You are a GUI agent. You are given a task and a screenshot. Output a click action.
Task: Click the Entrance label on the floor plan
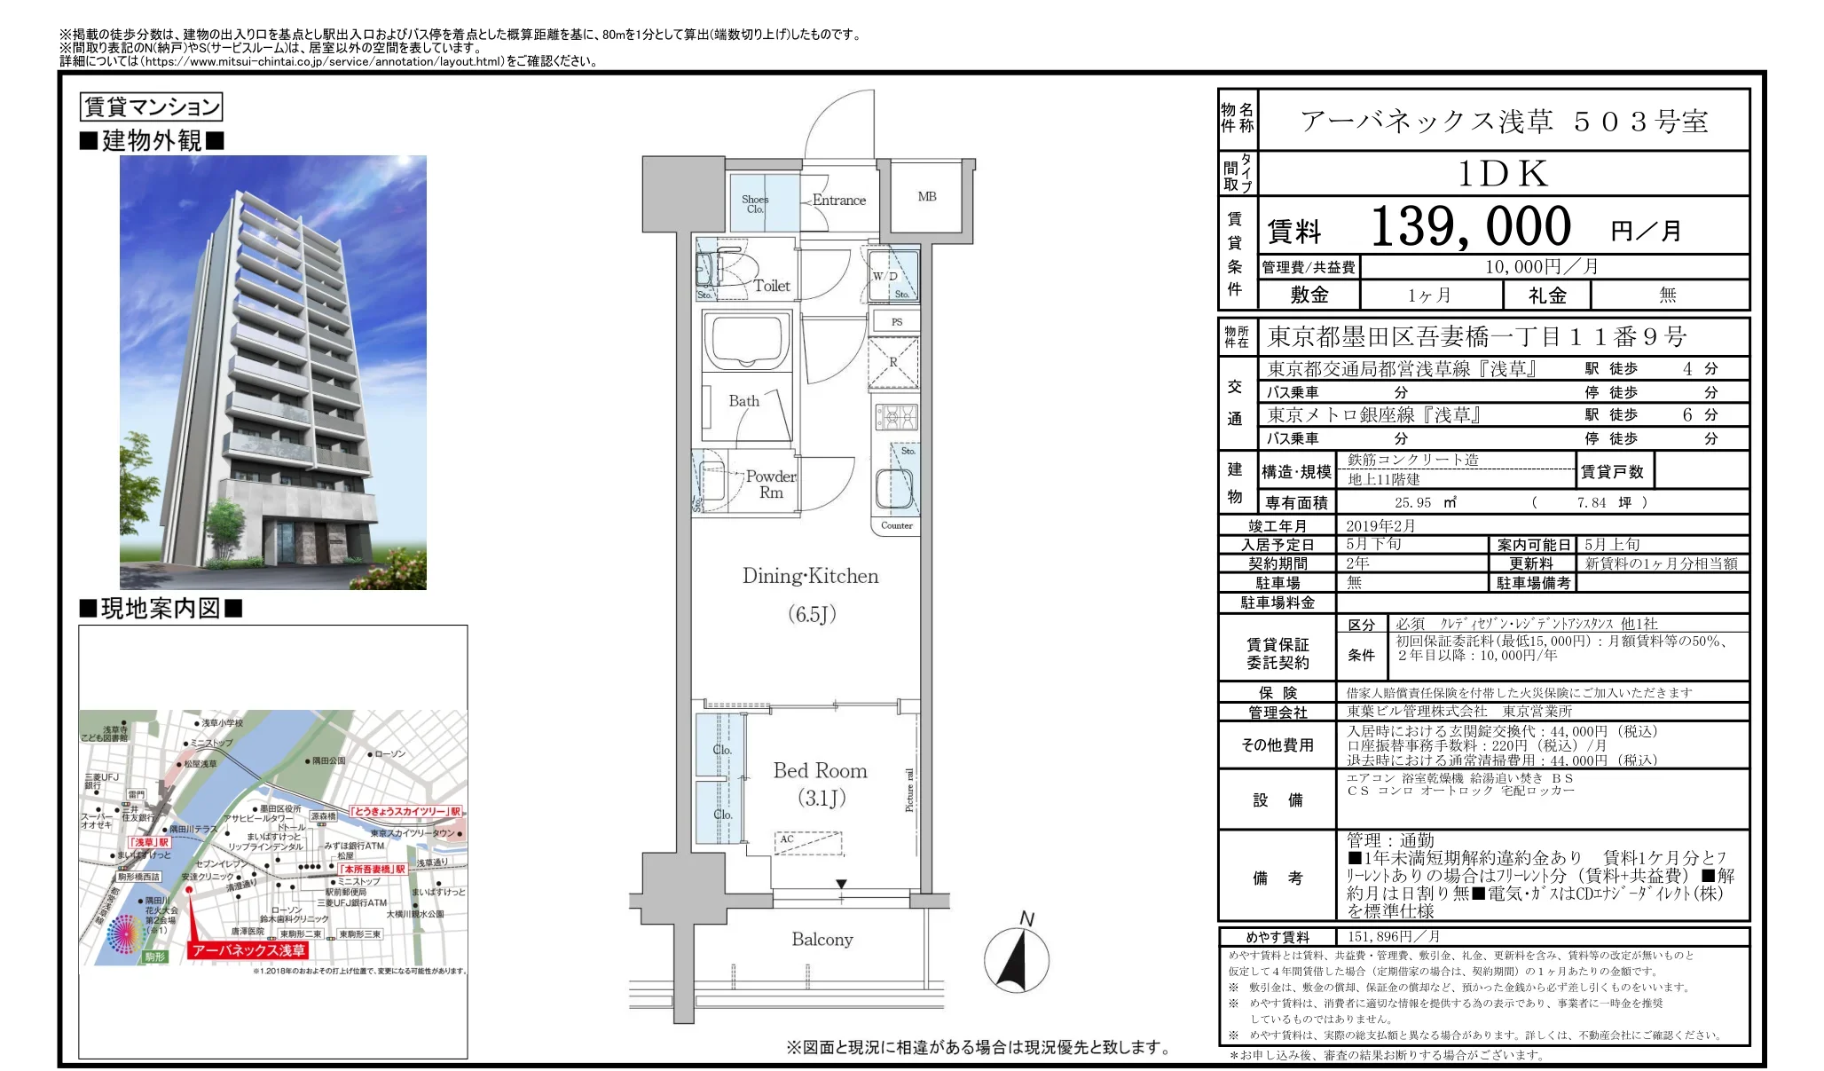838,201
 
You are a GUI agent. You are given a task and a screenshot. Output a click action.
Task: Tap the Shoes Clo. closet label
755,204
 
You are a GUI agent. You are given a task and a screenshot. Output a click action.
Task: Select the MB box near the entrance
927,197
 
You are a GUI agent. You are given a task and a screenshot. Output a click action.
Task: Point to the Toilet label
772,286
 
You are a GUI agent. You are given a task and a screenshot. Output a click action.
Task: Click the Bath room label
743,401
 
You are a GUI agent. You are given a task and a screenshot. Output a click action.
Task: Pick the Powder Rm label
770,484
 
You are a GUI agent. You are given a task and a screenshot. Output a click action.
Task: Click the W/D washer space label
884,276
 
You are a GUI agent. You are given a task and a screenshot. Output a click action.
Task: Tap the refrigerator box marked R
894,363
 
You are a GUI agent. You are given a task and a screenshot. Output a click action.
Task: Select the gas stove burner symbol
897,415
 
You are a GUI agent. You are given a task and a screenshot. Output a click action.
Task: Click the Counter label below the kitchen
896,525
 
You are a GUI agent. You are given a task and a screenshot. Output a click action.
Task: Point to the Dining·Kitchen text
810,577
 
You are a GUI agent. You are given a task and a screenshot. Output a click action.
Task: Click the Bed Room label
820,770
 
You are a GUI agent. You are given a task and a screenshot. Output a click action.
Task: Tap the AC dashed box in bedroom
807,841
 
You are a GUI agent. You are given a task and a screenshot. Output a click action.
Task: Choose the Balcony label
822,940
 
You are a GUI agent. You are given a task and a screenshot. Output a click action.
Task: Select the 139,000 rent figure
1470,227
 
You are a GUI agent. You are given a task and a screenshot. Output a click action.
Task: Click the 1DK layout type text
1503,174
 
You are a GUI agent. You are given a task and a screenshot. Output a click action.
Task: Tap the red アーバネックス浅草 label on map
248,950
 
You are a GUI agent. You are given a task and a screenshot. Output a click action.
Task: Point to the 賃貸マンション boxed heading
151,107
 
